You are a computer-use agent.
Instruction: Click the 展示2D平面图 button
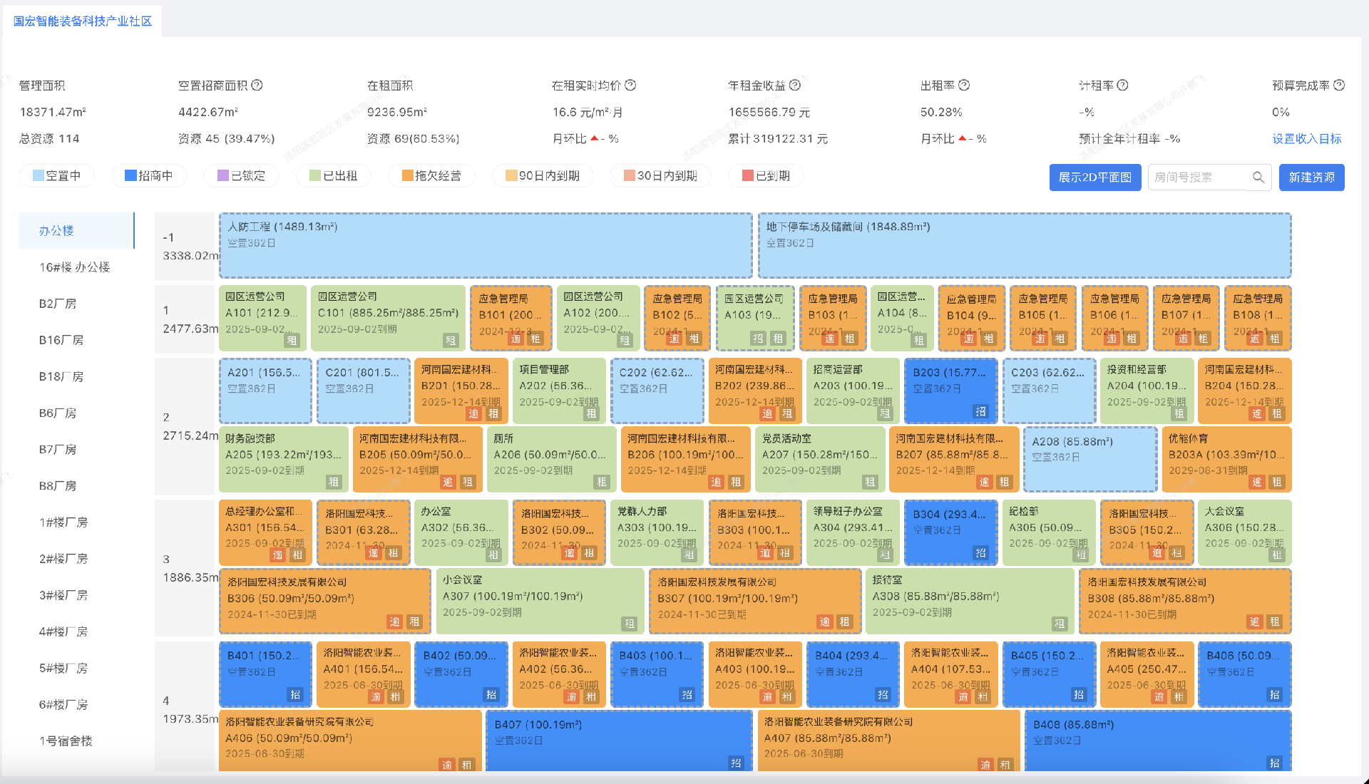point(1094,177)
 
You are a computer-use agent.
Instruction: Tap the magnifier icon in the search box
point(1258,177)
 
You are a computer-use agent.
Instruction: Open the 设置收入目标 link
point(1306,139)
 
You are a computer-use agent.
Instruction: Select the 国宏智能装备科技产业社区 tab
point(83,21)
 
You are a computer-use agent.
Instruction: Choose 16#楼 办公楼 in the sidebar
point(75,267)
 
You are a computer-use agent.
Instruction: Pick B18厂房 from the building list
point(61,376)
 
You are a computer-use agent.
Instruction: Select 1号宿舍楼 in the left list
point(66,741)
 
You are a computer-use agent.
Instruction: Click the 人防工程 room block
point(485,246)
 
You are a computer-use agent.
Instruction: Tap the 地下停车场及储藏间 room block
point(1024,246)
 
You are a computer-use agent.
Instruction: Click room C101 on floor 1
point(388,318)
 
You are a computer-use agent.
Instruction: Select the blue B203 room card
point(950,391)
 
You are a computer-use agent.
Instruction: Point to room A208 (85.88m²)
point(1089,459)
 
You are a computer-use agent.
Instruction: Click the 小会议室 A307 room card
point(540,601)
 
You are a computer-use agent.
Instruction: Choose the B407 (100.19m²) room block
point(618,741)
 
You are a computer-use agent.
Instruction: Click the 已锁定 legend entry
point(242,176)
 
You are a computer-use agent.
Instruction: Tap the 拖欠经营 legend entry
point(431,176)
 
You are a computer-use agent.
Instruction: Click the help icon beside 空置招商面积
point(257,86)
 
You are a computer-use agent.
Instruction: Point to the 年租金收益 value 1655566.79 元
point(769,113)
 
